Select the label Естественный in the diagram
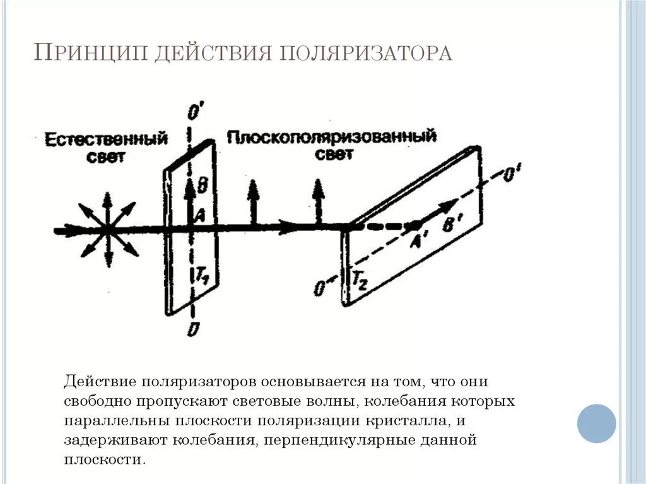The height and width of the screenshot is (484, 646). click(x=107, y=139)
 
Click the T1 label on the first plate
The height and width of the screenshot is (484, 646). click(x=200, y=275)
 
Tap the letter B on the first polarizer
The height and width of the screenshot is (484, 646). click(x=202, y=185)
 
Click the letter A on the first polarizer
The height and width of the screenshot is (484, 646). click(x=199, y=216)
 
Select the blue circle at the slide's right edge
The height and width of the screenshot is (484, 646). click(x=596, y=423)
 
